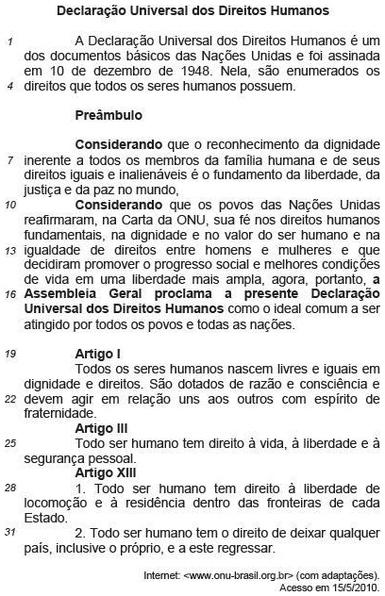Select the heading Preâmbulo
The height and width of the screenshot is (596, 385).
[108, 115]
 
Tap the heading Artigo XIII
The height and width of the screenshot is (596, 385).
[106, 472]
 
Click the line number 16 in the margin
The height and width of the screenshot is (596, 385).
[9, 293]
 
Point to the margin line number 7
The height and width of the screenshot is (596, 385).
[9, 160]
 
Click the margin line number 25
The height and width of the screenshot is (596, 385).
[9, 442]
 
